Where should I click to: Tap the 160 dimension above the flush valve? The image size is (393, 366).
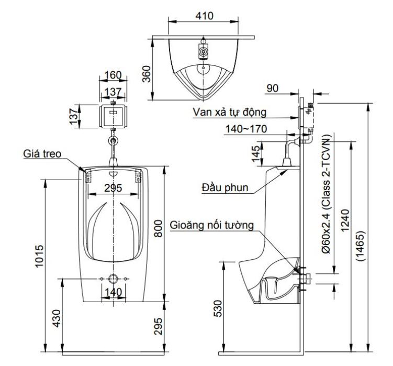click(113, 75)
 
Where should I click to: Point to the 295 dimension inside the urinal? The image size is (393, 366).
click(113, 187)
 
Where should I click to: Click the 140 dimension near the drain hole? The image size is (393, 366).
click(113, 292)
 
